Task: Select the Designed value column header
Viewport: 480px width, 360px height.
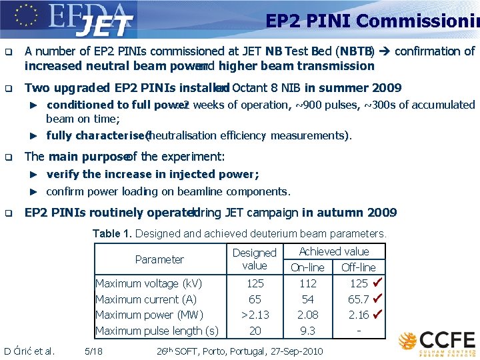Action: tap(255, 259)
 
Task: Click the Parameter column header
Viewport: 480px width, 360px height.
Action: tap(159, 259)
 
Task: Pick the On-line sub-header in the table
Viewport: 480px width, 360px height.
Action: tap(307, 267)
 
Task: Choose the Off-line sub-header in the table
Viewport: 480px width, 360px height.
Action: tap(359, 267)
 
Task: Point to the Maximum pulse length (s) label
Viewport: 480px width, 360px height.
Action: tap(157, 331)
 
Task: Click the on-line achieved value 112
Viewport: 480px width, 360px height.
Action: tap(308, 283)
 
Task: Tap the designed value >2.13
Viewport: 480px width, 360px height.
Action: tap(255, 315)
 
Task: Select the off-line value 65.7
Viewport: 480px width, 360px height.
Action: tap(359, 299)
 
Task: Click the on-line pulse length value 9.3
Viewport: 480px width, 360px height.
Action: tap(308, 331)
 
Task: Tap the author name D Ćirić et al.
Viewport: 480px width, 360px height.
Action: tap(29, 351)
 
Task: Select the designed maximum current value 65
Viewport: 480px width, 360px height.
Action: tap(255, 299)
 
